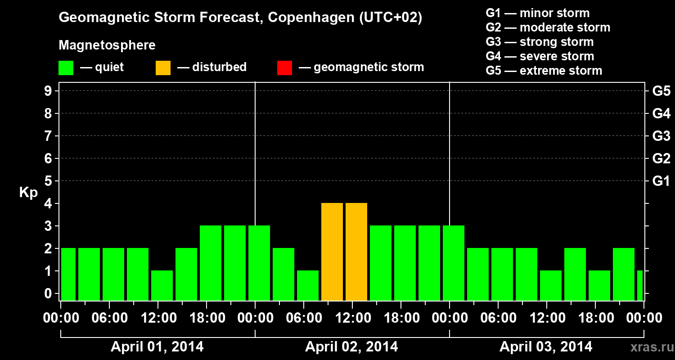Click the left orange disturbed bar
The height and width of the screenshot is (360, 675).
[x=332, y=252]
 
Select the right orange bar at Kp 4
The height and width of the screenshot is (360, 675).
[x=356, y=252]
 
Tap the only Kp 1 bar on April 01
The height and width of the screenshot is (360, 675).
[x=162, y=285]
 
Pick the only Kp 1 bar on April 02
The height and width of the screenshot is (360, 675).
[x=308, y=285]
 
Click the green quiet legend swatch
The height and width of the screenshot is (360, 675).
[x=66, y=68]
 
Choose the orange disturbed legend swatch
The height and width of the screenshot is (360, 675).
[x=163, y=68]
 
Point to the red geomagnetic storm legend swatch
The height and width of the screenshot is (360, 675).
[x=284, y=68]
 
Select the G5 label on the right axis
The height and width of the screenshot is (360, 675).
[x=661, y=91]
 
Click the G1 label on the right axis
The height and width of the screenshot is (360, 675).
[x=661, y=181]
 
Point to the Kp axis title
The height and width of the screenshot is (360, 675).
[x=28, y=193]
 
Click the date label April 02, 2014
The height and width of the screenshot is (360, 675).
[x=351, y=347]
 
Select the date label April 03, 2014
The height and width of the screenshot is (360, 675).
[x=546, y=347]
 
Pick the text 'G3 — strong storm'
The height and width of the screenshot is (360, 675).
[x=540, y=42]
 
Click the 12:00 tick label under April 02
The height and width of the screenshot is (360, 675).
[x=353, y=318]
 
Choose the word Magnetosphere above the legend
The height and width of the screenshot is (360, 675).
[x=107, y=45]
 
